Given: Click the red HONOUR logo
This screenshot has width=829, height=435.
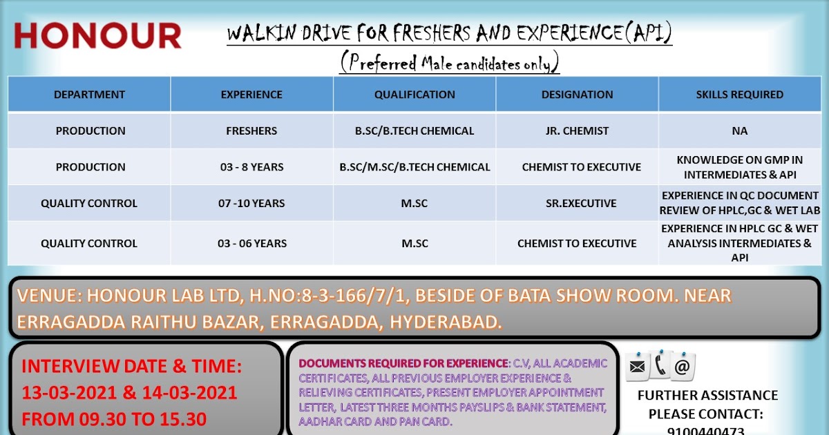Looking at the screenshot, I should [97, 36].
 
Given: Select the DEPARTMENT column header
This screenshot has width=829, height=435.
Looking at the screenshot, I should [89, 95].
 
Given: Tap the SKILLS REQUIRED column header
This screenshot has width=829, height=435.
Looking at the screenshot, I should [739, 95].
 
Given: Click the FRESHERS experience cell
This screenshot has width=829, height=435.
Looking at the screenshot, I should [251, 130].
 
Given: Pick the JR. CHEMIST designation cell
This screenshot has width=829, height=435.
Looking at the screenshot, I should [577, 130].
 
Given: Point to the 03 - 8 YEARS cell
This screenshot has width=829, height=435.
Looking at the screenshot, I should [251, 167].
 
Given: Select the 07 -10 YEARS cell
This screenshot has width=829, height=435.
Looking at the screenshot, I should [251, 204].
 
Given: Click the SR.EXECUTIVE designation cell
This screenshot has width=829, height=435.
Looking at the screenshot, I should [577, 204].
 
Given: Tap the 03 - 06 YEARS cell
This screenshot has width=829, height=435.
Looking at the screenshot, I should [251, 243].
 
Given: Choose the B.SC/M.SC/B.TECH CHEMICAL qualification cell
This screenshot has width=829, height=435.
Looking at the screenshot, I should [414, 167].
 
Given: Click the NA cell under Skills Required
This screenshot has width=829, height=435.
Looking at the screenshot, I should [739, 130].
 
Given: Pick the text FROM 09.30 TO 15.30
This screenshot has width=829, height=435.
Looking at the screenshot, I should [114, 419].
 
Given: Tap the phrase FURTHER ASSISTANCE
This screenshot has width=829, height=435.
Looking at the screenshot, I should [707, 396].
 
